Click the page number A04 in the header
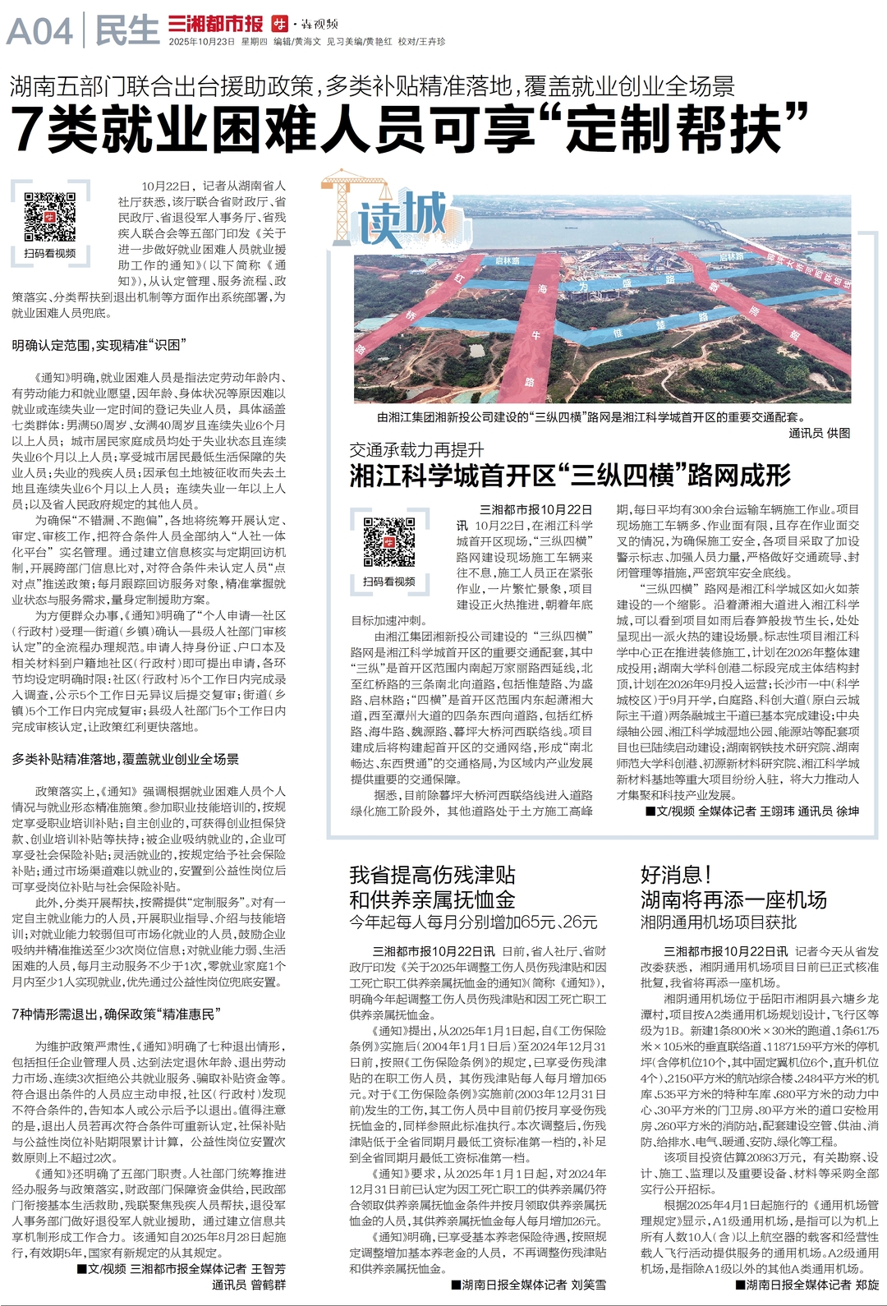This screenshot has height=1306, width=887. (39, 32)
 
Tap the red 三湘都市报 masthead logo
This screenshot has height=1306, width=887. (215, 24)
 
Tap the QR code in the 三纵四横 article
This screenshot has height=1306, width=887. (388, 542)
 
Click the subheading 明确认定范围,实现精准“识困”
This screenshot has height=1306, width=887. (100, 345)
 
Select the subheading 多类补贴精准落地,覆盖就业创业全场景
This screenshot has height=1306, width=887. (125, 759)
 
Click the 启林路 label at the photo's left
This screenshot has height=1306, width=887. (507, 261)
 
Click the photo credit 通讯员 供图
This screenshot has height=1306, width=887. (819, 433)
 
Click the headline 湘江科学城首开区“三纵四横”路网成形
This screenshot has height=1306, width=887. (570, 475)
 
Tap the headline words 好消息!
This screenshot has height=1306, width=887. (675, 875)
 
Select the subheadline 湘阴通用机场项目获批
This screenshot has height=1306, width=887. (718, 922)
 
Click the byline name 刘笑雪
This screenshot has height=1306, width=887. (588, 1284)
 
